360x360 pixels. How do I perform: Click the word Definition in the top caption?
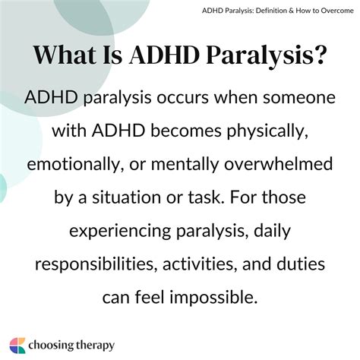pos(253,11)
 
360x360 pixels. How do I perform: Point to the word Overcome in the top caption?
pos(330,11)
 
